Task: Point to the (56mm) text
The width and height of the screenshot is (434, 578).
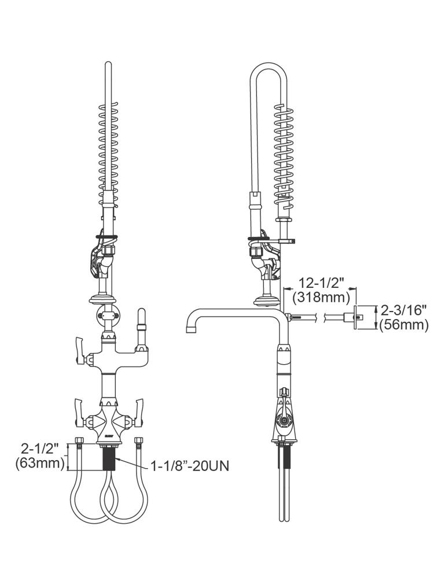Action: (404, 325)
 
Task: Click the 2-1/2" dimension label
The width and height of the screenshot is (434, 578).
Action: (40, 449)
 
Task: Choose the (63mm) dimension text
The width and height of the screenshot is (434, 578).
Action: (40, 463)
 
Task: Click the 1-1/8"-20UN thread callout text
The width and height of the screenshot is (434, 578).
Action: (190, 466)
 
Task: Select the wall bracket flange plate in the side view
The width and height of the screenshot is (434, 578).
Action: (356, 317)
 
